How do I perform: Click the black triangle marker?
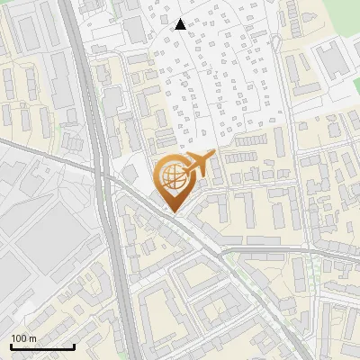[181, 24]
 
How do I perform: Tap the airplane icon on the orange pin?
[197, 165]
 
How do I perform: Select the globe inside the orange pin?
[172, 175]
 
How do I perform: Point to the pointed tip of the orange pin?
[173, 211]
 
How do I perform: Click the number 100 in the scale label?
[20, 338]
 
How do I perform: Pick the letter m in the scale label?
[32, 338]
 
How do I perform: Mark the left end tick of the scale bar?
[11, 346]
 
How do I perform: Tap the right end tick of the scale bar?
[73, 346]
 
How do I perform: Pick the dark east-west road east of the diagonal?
[288, 252]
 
